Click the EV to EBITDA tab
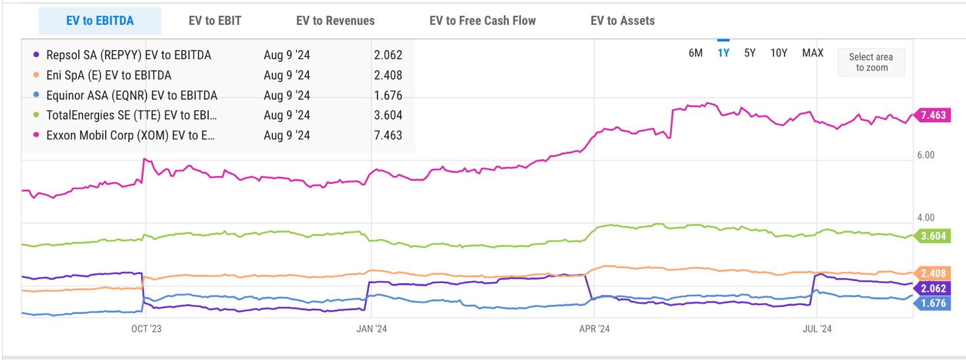tap(100, 21)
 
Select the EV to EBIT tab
tap(215, 21)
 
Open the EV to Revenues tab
tap(335, 21)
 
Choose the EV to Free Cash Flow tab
tap(482, 21)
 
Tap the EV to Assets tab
tap(622, 21)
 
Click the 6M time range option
tap(695, 53)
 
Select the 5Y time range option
tap(750, 53)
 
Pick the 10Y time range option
tap(779, 53)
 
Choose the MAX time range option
tap(812, 53)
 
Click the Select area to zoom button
tap(871, 62)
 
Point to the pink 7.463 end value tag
tap(933, 116)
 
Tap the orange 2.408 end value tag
tap(933, 273)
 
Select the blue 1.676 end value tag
tap(933, 303)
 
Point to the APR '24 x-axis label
tap(595, 329)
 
